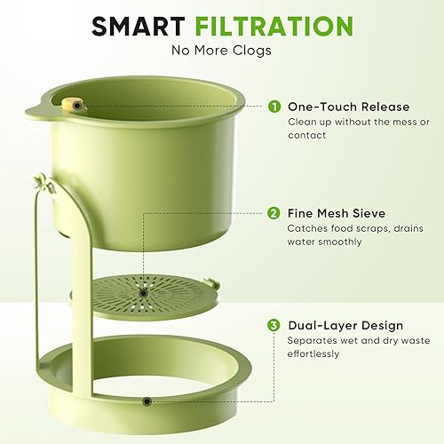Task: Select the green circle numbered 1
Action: coord(274,107)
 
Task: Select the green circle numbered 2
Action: coord(274,213)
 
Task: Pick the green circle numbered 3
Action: coord(274,326)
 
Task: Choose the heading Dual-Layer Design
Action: coord(345,326)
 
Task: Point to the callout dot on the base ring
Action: coord(146,402)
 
